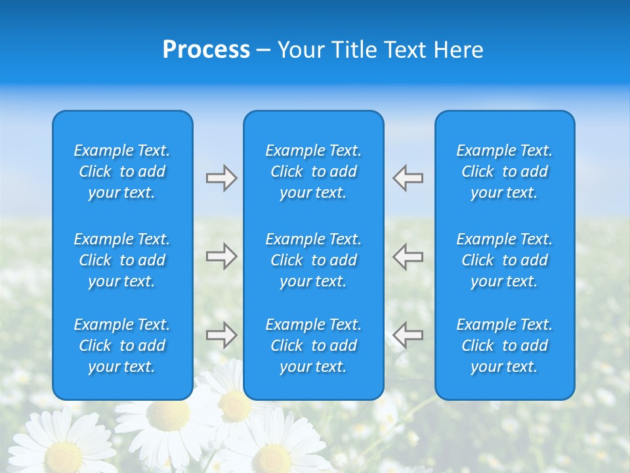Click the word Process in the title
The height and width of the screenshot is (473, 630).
click(206, 50)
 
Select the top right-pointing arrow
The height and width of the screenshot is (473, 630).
click(221, 178)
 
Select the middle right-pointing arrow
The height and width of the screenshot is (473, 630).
click(221, 256)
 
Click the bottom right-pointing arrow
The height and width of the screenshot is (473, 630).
click(221, 335)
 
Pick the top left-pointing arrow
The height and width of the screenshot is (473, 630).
click(408, 178)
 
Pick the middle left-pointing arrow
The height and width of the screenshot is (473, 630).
click(408, 256)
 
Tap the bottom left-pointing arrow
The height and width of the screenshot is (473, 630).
click(408, 335)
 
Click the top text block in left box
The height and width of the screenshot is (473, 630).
click(122, 171)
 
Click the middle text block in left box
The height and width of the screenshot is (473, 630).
click(122, 260)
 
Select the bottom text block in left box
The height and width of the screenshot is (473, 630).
click(122, 346)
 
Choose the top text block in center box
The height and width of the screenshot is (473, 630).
click(314, 171)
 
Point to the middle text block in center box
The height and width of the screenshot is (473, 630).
click(314, 260)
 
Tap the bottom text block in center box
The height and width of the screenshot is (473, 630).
click(314, 346)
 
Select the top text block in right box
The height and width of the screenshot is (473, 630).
click(505, 171)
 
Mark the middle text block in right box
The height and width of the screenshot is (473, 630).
click(505, 260)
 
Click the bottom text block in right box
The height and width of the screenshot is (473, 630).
click(505, 346)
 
